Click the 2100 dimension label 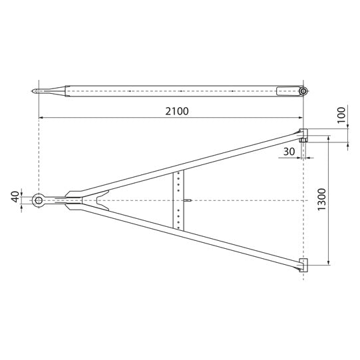(x=177, y=111)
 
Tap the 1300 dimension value (x=321, y=199)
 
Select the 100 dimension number (x=341, y=115)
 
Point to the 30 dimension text (x=289, y=152)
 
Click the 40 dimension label (x=16, y=197)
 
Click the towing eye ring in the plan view (x=39, y=200)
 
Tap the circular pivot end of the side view (x=303, y=91)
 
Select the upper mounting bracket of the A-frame (x=303, y=133)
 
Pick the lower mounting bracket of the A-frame (x=303, y=266)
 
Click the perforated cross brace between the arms (x=178, y=200)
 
